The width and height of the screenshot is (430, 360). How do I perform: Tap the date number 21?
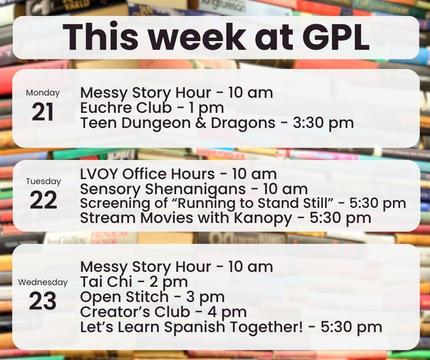[43, 112]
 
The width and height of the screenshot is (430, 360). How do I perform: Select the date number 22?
[44, 200]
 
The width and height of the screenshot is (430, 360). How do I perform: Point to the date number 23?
[43, 300]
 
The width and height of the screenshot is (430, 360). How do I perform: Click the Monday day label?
[43, 93]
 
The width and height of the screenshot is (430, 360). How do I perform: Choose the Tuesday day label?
[44, 181]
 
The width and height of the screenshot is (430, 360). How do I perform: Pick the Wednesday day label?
[43, 282]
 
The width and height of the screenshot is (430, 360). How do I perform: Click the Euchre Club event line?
[152, 108]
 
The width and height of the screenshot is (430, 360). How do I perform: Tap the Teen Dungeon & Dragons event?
[217, 123]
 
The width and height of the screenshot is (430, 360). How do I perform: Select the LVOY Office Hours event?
[178, 174]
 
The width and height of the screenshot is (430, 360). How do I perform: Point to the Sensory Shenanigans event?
[194, 189]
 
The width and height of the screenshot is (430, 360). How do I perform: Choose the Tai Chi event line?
[134, 282]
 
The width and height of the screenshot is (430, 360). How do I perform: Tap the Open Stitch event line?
[152, 297]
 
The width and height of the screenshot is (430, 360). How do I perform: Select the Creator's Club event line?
[163, 312]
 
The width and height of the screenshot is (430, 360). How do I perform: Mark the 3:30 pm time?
[323, 123]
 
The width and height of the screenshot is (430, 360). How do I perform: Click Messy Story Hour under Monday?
[146, 93]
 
